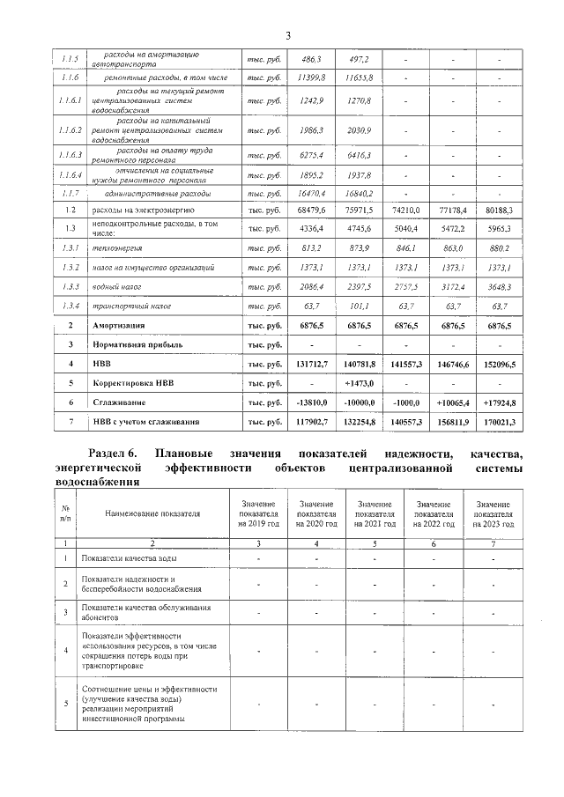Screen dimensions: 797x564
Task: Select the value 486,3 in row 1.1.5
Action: [x=312, y=59]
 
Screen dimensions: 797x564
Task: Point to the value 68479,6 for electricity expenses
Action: [x=310, y=211]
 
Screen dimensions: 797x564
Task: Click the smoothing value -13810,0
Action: [x=310, y=402]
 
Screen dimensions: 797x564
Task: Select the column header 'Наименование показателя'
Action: [x=153, y=513]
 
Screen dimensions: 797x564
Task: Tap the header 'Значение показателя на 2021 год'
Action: [x=375, y=513]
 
